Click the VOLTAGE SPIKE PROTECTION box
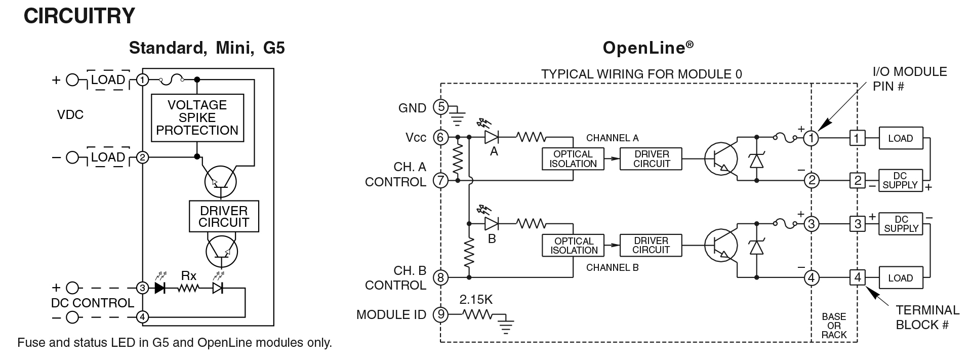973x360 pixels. click(x=197, y=117)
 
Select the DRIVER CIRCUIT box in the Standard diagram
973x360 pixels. click(x=224, y=217)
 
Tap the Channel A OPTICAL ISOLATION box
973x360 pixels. click(x=573, y=159)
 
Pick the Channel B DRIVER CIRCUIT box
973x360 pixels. click(x=651, y=245)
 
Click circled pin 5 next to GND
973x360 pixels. click(x=441, y=107)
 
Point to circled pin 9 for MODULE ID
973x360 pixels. click(x=441, y=315)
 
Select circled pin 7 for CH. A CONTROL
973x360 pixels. click(x=441, y=180)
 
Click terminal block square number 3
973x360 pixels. click(x=857, y=223)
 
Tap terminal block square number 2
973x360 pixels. click(x=857, y=180)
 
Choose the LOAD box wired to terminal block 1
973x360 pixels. click(x=900, y=138)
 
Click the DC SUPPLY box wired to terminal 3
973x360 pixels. click(x=901, y=223)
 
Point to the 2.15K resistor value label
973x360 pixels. click(x=476, y=300)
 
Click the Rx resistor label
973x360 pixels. click(x=189, y=276)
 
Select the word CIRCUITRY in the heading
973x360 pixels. click(x=79, y=16)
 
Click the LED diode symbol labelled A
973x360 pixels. click(x=492, y=137)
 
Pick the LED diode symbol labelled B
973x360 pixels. click(x=492, y=223)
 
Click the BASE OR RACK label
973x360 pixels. click(x=834, y=326)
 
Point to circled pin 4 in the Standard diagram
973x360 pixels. click(x=143, y=317)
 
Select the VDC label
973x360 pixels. click(x=70, y=115)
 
